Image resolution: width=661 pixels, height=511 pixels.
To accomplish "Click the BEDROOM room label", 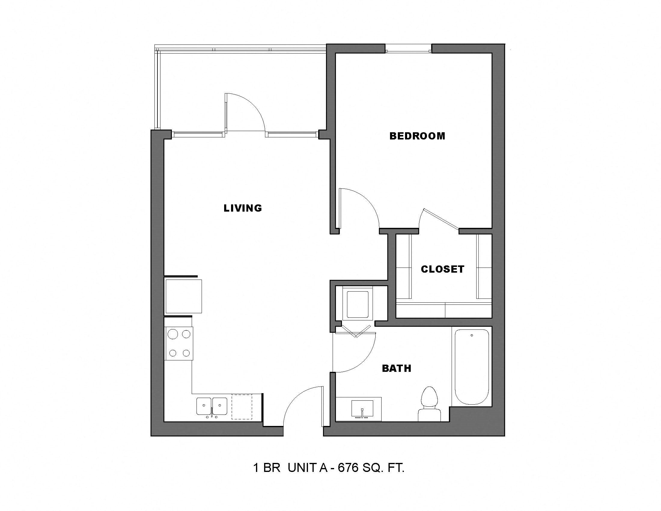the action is [x=417, y=136].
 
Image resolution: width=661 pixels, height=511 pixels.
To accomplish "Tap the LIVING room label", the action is [x=243, y=208].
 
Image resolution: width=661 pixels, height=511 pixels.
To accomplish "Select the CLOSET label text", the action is [x=443, y=269].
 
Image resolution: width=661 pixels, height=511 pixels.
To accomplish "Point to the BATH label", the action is [x=397, y=369].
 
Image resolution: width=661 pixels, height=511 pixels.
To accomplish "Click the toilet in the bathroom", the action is [x=429, y=404].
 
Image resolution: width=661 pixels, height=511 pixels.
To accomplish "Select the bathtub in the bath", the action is [x=471, y=367].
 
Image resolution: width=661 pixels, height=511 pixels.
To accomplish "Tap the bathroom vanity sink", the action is [x=362, y=409].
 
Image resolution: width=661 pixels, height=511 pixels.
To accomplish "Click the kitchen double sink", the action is [x=212, y=407].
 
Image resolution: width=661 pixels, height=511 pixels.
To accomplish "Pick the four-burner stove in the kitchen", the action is [x=179, y=344].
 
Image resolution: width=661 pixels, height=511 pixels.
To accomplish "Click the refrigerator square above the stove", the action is [x=183, y=296].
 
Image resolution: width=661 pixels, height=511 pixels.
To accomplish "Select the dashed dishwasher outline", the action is [x=242, y=407].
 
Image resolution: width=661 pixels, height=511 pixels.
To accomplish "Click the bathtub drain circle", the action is [x=471, y=335].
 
